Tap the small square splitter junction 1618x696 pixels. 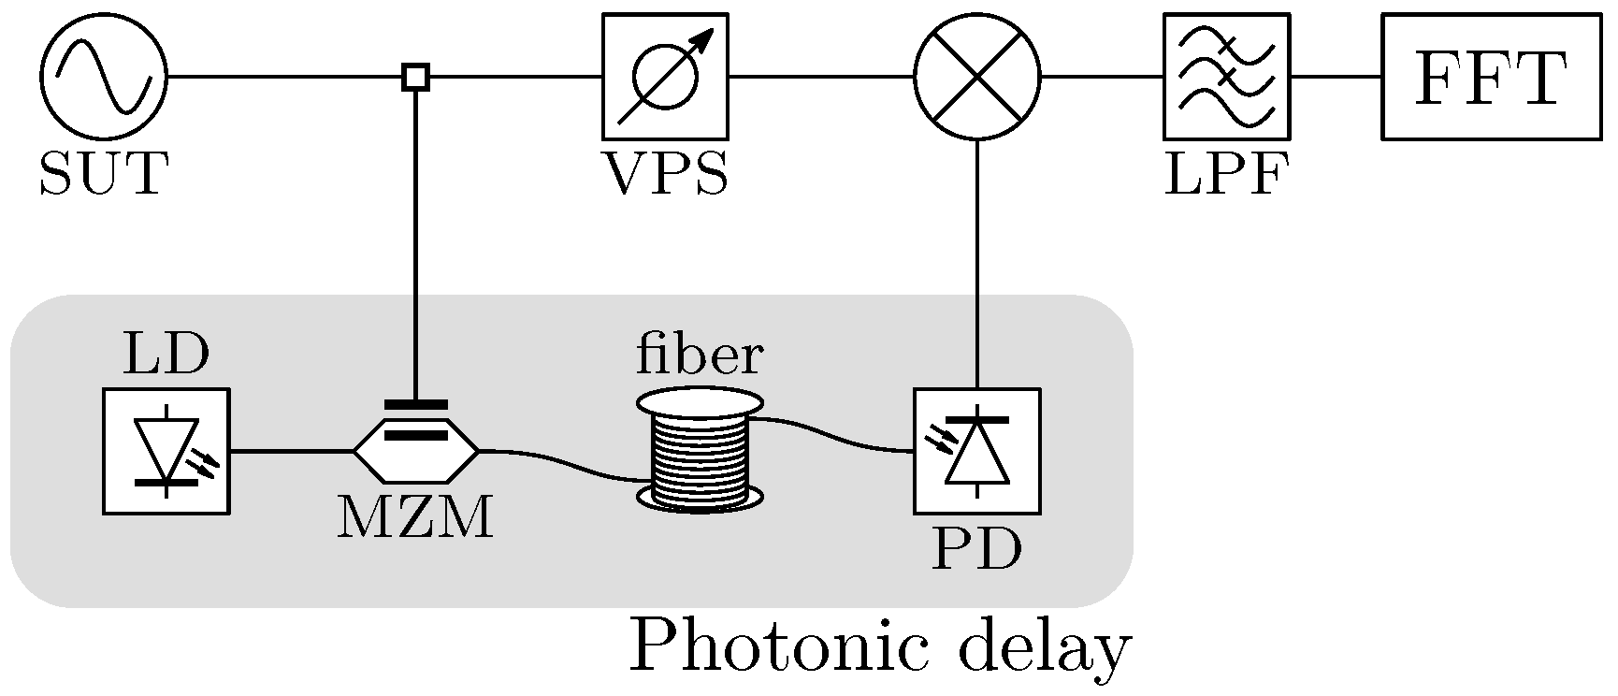pos(416,77)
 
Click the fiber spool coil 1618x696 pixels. pos(700,451)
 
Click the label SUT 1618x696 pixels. pos(104,174)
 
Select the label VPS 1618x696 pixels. pos(665,174)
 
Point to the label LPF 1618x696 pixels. pos(1226,174)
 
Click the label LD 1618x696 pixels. pos(166,355)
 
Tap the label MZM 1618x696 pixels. pos(415,518)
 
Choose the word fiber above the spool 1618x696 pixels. pos(700,355)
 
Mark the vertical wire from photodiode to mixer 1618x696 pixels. pos(977,264)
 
